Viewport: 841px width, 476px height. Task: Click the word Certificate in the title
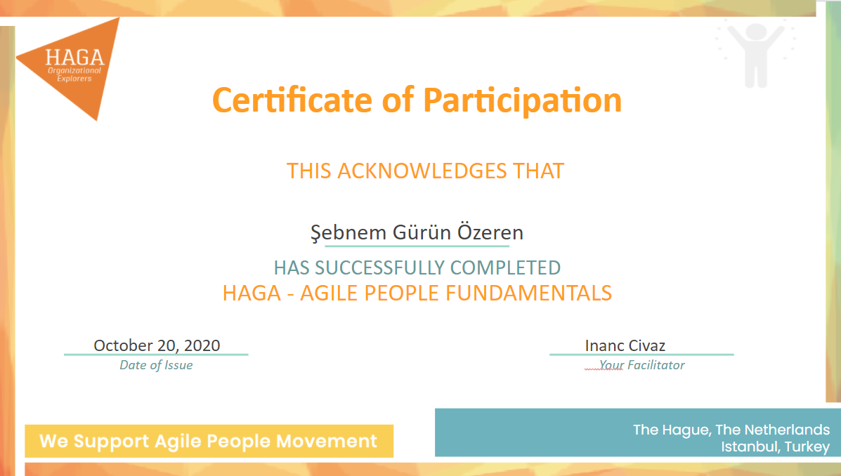tap(292, 100)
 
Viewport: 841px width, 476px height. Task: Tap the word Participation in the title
tap(522, 100)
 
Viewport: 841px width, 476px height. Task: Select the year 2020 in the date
tap(202, 345)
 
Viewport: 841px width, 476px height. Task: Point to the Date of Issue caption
tap(156, 365)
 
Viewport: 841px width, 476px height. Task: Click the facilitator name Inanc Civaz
tap(625, 345)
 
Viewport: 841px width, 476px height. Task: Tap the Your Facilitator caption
tap(641, 365)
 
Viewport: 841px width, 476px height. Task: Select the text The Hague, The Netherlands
tap(731, 430)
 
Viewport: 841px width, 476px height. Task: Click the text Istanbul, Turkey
tap(775, 447)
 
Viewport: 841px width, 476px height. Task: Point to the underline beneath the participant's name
tap(417, 246)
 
